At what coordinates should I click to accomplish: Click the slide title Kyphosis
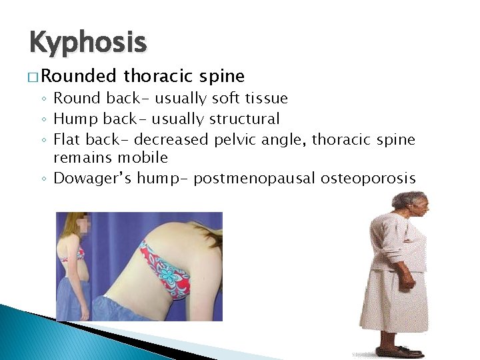coord(87,43)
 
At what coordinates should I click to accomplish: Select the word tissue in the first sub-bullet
coord(266,99)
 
